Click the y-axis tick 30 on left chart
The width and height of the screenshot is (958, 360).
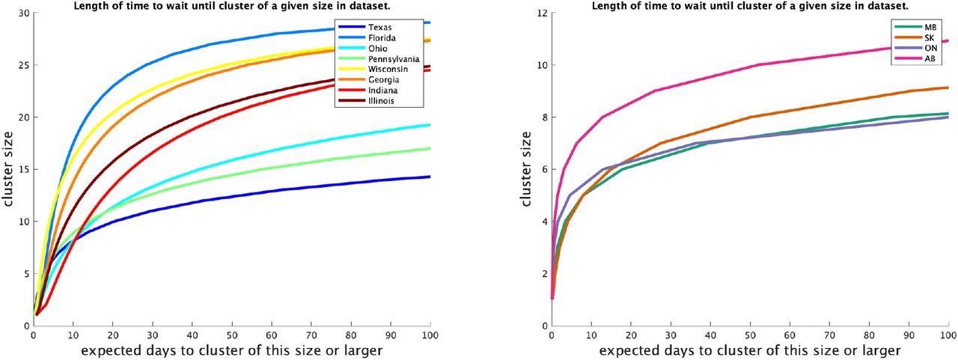(24, 13)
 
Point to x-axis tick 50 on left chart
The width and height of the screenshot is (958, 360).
(232, 335)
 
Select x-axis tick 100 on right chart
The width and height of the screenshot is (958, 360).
(946, 335)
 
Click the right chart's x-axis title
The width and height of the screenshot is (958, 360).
(750, 350)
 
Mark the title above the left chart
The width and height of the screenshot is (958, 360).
(232, 6)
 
